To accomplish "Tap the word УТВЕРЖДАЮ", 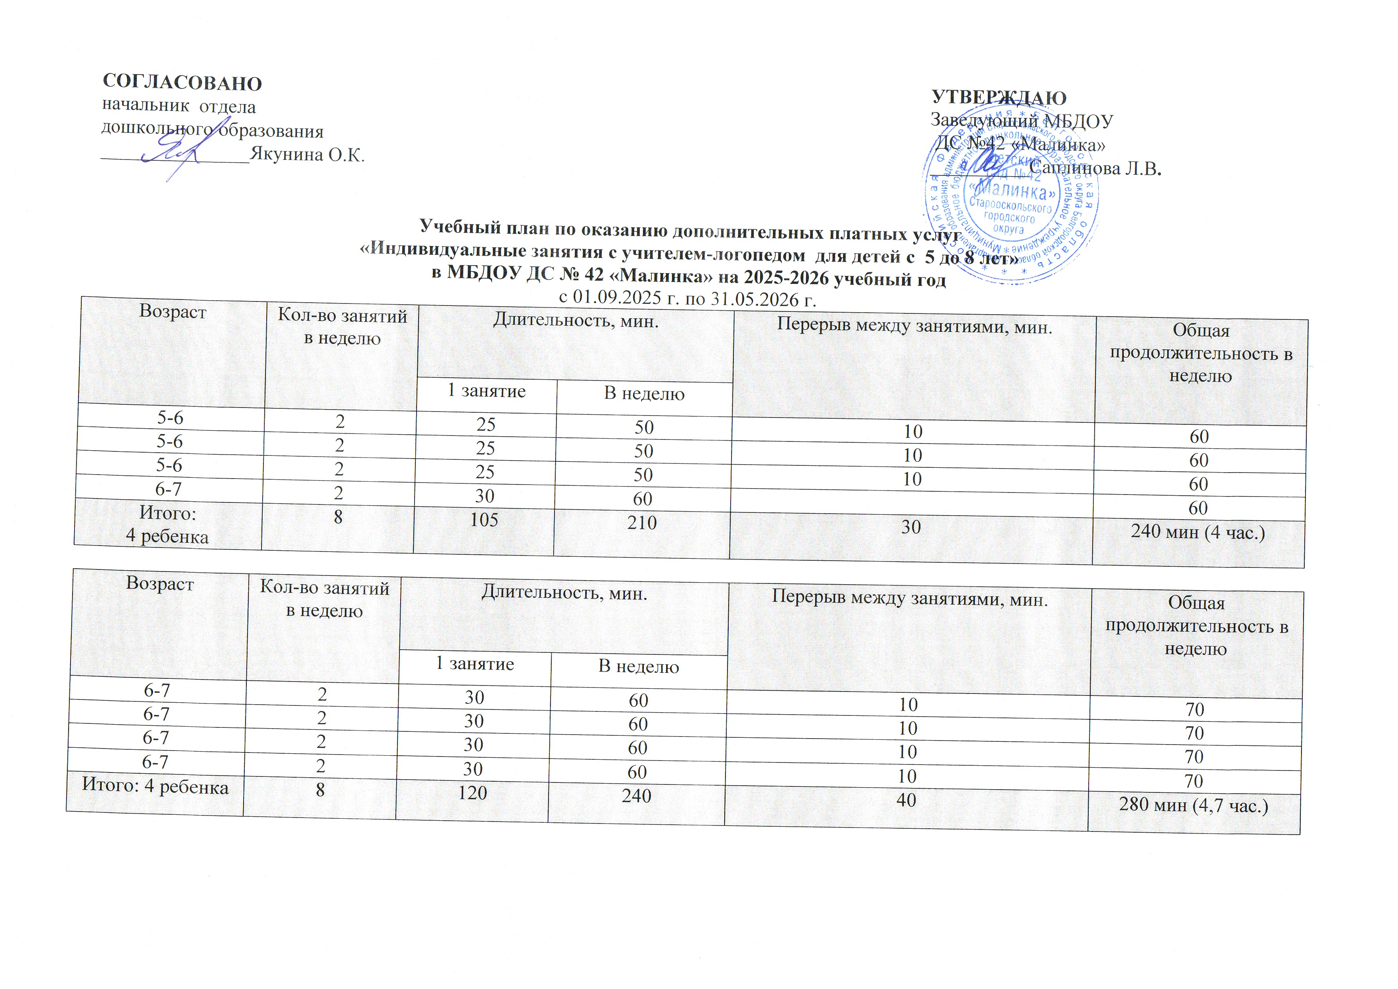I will (x=999, y=97).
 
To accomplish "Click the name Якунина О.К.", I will (x=307, y=155).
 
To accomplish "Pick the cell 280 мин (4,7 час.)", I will (x=1194, y=805).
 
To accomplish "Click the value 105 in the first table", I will (x=484, y=520).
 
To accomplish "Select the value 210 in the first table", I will (x=642, y=522).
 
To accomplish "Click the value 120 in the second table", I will (x=472, y=792).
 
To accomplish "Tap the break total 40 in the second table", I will (x=906, y=800).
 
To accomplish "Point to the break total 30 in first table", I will (x=911, y=527).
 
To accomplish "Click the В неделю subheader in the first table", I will (x=644, y=394).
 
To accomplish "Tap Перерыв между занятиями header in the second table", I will (x=910, y=599).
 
